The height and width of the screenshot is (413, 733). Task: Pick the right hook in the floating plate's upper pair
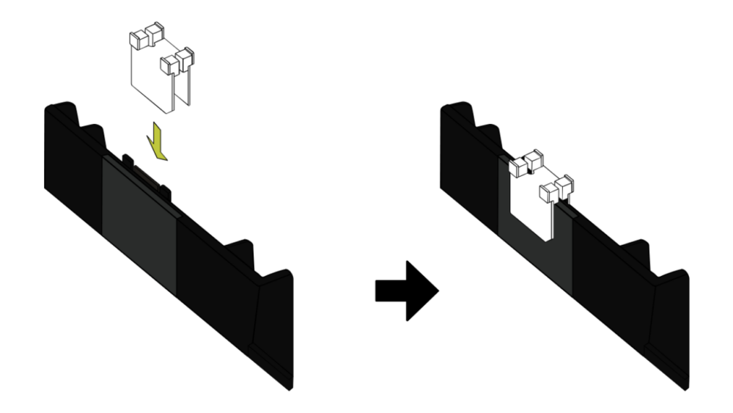(154, 34)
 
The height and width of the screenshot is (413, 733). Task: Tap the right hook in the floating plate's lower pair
(185, 57)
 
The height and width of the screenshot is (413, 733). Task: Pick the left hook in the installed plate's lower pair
(548, 192)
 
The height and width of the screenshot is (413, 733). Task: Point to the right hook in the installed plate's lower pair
(564, 185)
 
